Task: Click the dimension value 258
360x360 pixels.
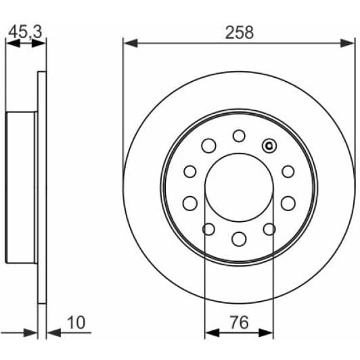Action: tap(240, 32)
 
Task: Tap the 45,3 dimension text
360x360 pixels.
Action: tap(25, 32)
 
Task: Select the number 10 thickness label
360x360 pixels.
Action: tap(76, 322)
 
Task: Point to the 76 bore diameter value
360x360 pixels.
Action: tap(240, 322)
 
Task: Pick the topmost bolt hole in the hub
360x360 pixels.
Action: tap(239, 136)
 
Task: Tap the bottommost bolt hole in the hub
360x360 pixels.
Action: tap(239, 239)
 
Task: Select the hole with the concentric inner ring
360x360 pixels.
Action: tap(269, 145)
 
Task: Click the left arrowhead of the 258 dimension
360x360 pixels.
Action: tap(131, 43)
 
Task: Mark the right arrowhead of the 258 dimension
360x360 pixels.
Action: tap(347, 43)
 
